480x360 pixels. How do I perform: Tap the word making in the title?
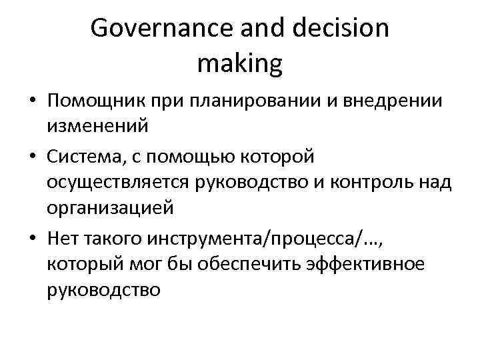(240, 64)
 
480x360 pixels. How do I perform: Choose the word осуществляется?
(120, 182)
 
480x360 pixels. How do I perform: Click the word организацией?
(110, 207)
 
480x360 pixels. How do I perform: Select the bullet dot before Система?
(33, 157)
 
